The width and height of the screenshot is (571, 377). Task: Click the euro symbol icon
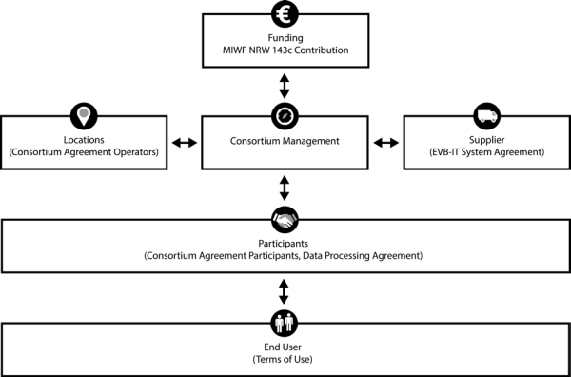(285, 14)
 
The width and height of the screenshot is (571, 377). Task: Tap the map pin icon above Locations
(84, 116)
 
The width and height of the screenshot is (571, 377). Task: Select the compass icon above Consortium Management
(285, 116)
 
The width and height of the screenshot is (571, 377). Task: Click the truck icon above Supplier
(487, 116)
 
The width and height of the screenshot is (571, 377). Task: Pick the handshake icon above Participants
(285, 220)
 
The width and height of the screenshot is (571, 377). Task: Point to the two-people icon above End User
(285, 323)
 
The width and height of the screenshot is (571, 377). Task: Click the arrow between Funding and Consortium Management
(284, 86)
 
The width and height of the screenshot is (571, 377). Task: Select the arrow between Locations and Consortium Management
(185, 143)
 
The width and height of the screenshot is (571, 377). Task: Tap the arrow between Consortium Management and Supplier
(386, 143)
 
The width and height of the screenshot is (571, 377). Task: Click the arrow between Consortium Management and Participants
(284, 188)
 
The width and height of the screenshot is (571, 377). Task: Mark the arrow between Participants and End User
(284, 291)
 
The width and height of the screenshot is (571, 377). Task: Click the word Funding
(285, 38)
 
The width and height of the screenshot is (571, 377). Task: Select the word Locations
(84, 140)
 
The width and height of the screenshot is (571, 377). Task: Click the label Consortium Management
(285, 141)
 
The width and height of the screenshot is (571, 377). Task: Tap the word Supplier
(487, 140)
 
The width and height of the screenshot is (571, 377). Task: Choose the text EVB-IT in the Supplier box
(443, 152)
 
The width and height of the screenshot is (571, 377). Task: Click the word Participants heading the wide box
(284, 244)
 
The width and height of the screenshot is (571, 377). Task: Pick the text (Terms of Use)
(283, 360)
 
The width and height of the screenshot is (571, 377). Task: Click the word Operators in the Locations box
(141, 152)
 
